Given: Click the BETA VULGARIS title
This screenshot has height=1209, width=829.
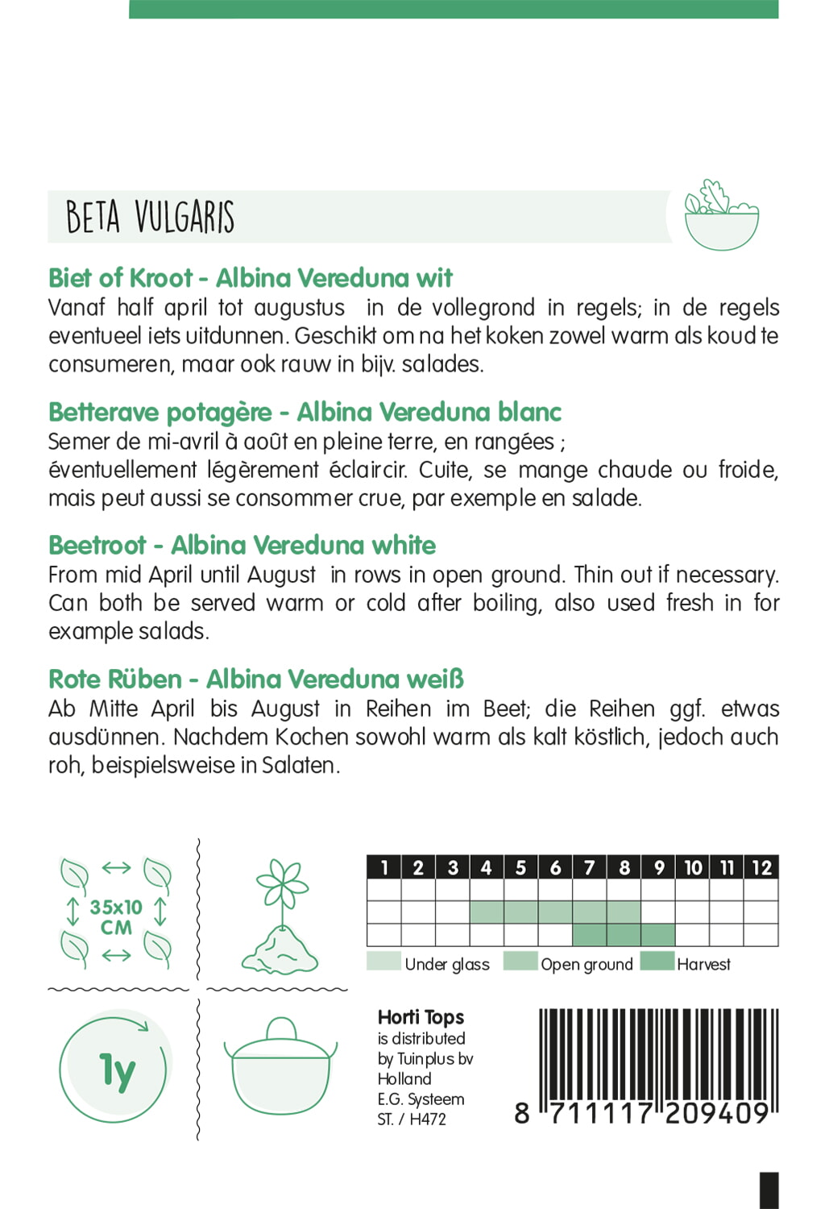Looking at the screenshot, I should [x=150, y=217].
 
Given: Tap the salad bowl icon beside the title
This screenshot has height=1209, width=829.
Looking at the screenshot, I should [x=721, y=215].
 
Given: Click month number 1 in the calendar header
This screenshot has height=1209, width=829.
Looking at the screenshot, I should [x=384, y=867].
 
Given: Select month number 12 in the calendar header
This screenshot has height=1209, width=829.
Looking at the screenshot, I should [x=761, y=867].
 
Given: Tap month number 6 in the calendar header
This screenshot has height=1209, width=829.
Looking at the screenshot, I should [x=555, y=867].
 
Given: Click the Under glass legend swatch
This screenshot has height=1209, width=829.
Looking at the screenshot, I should [x=383, y=962].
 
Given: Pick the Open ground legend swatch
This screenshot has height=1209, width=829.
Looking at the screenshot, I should [x=520, y=962].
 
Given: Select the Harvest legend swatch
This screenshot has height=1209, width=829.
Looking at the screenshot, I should [x=657, y=962].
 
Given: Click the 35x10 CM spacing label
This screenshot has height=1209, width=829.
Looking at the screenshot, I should [x=116, y=917].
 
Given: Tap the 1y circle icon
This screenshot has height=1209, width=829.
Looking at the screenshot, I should [x=114, y=1070].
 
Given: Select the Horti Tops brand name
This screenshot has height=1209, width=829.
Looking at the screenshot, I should [x=421, y=1017].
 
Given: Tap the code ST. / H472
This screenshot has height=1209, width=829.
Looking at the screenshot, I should [x=411, y=1119].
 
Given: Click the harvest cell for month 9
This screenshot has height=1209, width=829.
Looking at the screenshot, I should [x=658, y=935].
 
